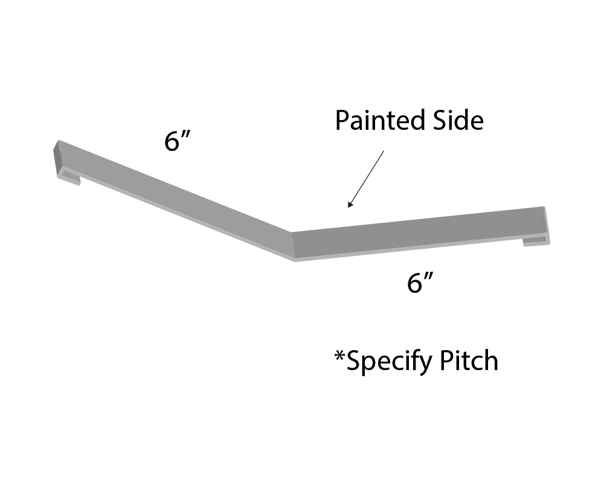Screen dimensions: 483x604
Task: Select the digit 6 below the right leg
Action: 415,283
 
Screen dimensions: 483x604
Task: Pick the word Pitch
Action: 469,361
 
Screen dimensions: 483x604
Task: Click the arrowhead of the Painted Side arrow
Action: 350,205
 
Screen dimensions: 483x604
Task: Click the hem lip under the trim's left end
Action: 69,178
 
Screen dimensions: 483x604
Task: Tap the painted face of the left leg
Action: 175,193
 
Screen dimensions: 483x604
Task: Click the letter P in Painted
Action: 342,121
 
